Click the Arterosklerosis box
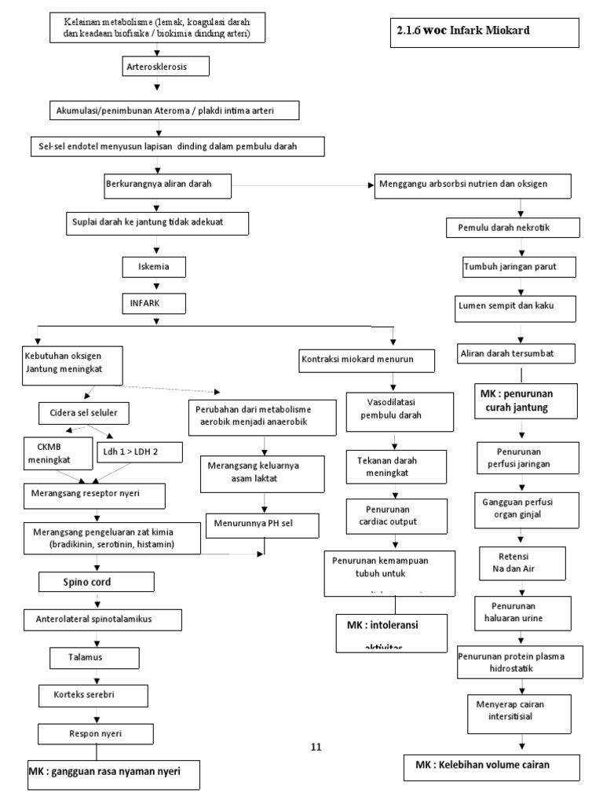[x=165, y=68]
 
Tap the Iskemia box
[x=155, y=267]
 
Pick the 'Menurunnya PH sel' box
[x=252, y=522]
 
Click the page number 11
[x=316, y=747]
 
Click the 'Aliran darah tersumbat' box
[x=517, y=353]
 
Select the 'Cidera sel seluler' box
[x=84, y=412]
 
